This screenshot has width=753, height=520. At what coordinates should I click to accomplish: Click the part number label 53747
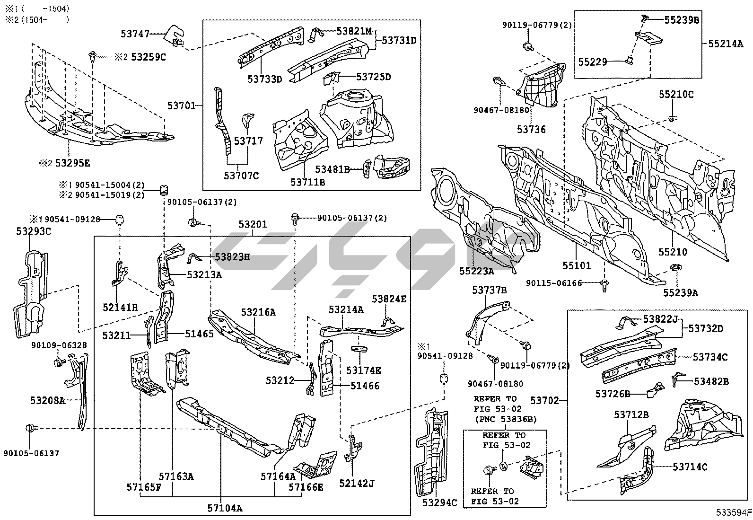click(135, 34)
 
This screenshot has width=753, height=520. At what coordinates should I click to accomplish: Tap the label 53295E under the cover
click(72, 163)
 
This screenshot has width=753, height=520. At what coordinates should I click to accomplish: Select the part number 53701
click(181, 106)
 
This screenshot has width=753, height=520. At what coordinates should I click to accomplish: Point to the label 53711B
click(308, 182)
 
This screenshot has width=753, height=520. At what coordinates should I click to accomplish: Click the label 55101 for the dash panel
click(577, 265)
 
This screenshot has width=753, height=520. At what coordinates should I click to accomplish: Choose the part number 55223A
click(476, 271)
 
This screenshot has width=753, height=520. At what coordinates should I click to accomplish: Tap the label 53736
click(531, 129)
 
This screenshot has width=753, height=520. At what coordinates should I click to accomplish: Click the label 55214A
click(726, 44)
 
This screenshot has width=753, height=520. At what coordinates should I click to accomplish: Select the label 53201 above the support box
click(253, 224)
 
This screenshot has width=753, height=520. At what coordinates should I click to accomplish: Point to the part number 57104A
click(225, 508)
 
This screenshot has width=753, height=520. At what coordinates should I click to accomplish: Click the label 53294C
click(440, 502)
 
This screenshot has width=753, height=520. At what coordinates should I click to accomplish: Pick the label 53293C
click(34, 231)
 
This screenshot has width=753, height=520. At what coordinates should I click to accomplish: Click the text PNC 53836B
click(506, 419)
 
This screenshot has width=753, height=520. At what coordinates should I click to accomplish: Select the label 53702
click(544, 401)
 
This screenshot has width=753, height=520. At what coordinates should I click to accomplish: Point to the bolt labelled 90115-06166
click(604, 284)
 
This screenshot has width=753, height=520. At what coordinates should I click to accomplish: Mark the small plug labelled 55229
click(630, 60)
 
